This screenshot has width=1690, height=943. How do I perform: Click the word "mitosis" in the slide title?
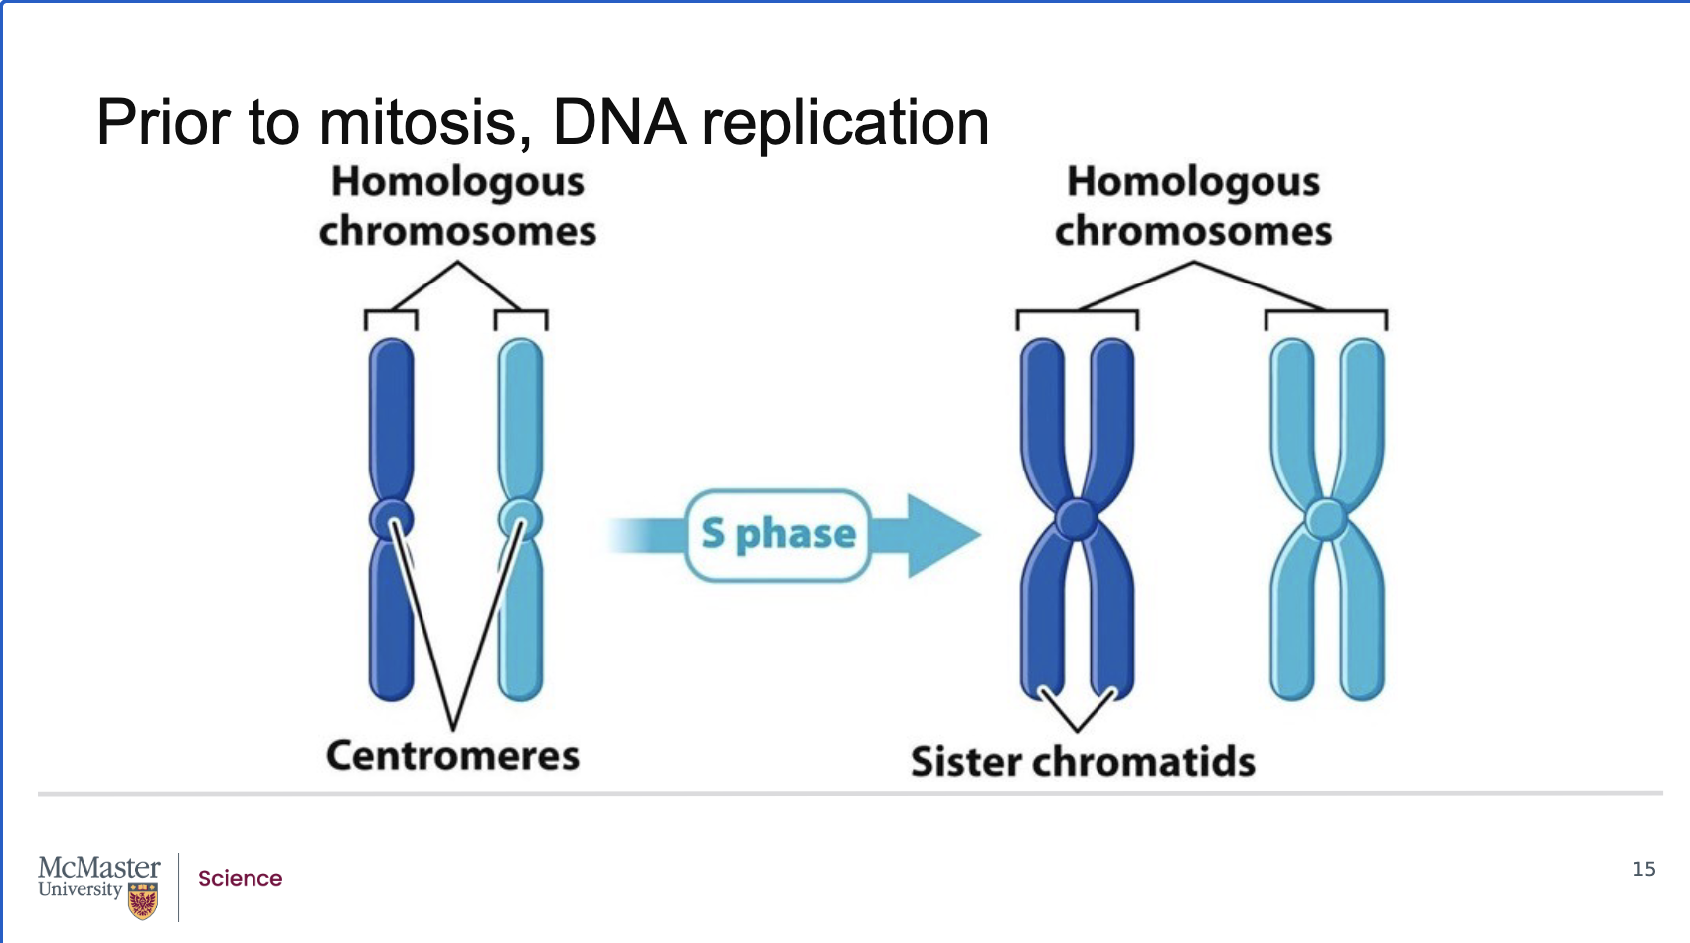coord(418,123)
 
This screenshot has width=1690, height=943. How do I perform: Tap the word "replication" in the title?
coord(845,125)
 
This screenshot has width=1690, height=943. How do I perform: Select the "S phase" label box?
coord(778,535)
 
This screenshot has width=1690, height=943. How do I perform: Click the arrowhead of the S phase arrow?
coord(939,535)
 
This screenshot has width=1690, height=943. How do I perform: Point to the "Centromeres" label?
coord(452,756)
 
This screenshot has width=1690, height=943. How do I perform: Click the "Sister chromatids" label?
coord(1083,762)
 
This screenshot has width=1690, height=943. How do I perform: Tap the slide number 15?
coord(1644,869)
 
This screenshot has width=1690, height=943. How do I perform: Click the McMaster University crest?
coord(143,901)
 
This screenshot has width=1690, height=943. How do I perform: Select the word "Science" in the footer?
coord(240,879)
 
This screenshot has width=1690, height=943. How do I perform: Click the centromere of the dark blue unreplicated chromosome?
coord(391,518)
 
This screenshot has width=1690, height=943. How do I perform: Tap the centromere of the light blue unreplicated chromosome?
coord(520,518)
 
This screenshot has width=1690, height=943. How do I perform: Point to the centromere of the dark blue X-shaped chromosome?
coord(1077,519)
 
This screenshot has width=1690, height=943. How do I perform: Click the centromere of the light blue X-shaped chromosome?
coord(1326,519)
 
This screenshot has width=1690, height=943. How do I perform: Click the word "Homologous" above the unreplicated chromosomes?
coord(457,182)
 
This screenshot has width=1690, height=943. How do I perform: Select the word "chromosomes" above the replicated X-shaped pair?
coord(1193,232)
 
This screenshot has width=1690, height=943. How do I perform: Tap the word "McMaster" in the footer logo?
coord(98,868)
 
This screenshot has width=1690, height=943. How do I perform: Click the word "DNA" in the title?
coord(618,123)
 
